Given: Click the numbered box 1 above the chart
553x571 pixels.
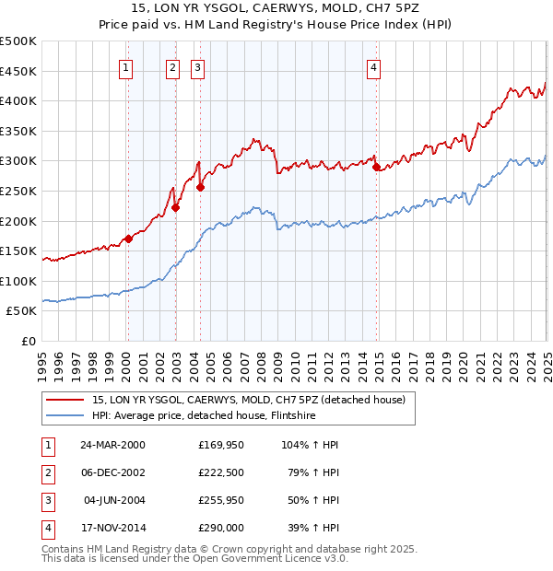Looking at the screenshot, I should (124, 66).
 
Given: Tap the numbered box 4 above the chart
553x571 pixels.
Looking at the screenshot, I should (373, 66).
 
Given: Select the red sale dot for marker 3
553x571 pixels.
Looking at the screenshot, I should (200, 187).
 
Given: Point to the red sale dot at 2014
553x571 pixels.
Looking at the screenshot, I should (376, 167).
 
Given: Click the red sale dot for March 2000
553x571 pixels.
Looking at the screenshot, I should (129, 239).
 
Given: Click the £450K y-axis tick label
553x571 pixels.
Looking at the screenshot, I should (18, 71).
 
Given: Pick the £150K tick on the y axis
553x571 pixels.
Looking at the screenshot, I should (18, 251).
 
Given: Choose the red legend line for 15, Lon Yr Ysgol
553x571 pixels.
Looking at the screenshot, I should (64, 400).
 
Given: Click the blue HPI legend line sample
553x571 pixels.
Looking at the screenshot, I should (64, 415).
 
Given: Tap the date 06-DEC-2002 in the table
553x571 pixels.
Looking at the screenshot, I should (112, 473).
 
